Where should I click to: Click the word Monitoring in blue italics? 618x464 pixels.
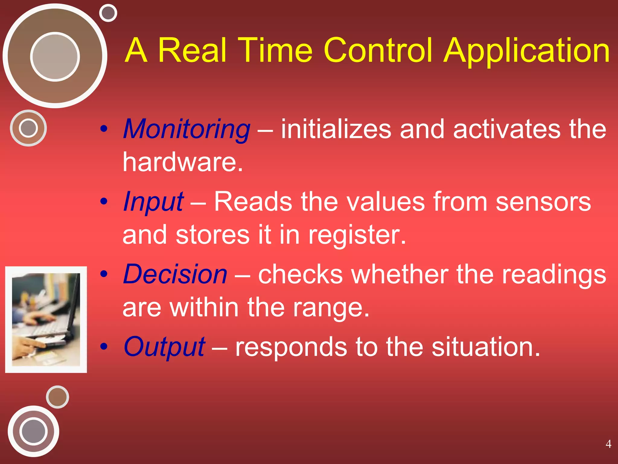pyautogui.click(x=186, y=129)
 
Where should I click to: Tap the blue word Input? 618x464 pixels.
pyautogui.click(x=153, y=202)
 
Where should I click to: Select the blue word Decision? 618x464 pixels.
pyautogui.click(x=175, y=274)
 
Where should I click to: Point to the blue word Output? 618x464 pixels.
pyautogui.click(x=164, y=347)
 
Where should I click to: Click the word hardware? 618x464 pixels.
pyautogui.click(x=182, y=162)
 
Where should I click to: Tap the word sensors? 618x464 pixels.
pyautogui.click(x=543, y=202)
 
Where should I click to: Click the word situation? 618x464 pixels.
pyautogui.click(x=486, y=347)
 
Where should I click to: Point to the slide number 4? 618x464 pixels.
pyautogui.click(x=608, y=444)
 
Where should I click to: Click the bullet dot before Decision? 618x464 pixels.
pyautogui.click(x=104, y=274)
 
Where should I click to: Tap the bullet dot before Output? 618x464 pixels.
pyautogui.click(x=104, y=346)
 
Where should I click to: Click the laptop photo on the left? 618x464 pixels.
pyautogui.click(x=46, y=319)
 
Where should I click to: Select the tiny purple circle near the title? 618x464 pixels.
pyautogui.click(x=108, y=13)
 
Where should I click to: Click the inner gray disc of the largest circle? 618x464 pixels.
pyautogui.click(x=55, y=56)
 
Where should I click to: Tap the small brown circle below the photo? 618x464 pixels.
pyautogui.click(x=57, y=397)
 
